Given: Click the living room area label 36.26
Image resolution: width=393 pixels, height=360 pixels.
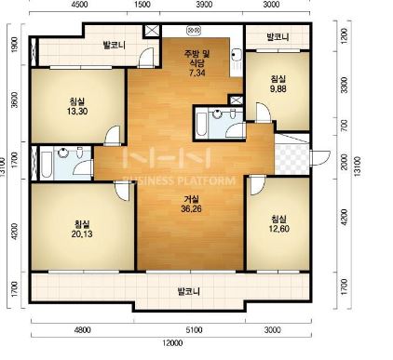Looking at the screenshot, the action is click(x=191, y=209).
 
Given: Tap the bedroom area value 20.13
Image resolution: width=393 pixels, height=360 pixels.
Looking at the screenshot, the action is click(x=82, y=233).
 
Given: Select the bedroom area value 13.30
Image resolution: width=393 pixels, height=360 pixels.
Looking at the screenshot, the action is click(x=77, y=111).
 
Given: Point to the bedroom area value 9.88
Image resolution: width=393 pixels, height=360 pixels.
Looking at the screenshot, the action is click(x=278, y=88).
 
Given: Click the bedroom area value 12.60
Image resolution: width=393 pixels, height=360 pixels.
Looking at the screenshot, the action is click(x=279, y=229).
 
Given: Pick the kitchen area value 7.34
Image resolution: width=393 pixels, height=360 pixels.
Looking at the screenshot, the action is click(x=197, y=73).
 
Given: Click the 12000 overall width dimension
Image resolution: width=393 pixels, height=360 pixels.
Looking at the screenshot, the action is click(x=172, y=343).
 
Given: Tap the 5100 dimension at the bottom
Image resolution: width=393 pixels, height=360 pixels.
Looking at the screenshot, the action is click(x=194, y=329).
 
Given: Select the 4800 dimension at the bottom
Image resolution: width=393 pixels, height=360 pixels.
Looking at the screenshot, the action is click(x=83, y=329).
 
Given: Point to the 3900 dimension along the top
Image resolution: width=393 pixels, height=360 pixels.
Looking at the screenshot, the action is click(x=205, y=5).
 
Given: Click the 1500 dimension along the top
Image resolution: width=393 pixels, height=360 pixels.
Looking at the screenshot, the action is click(x=143, y=5).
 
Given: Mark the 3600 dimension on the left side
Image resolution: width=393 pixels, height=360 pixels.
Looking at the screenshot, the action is click(x=14, y=100).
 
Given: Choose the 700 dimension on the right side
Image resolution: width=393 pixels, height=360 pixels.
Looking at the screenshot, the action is click(x=344, y=126).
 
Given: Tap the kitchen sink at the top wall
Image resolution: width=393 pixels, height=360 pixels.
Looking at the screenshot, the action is click(x=195, y=30).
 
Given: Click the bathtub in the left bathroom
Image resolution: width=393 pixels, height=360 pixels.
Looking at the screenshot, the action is click(x=47, y=164).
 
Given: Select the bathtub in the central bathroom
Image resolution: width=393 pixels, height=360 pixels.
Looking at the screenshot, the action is click(x=202, y=125).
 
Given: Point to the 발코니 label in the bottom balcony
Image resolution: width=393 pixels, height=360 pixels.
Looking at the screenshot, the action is click(x=188, y=291).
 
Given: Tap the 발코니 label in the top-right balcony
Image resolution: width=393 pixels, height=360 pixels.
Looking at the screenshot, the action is click(x=278, y=37).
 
